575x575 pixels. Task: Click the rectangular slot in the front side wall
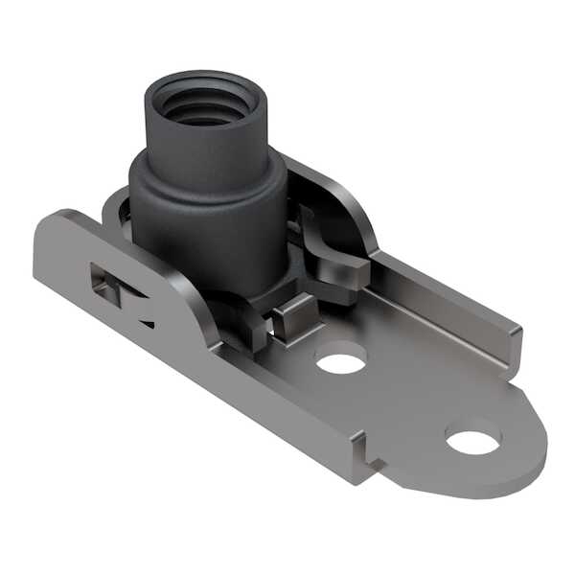(x=104, y=285)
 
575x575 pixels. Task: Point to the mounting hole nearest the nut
(x=340, y=361)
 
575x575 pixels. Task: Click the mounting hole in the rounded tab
(x=472, y=441)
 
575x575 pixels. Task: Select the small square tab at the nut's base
(x=294, y=317)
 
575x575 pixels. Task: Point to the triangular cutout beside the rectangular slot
(x=144, y=311)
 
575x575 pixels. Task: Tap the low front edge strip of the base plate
(x=287, y=422)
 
